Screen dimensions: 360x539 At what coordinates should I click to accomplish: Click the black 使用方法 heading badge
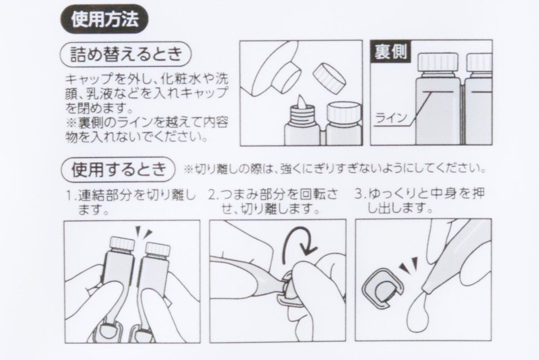click(x=104, y=20)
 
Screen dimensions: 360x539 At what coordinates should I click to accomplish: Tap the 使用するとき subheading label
click(x=118, y=169)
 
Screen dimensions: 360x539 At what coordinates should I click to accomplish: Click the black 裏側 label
click(x=389, y=52)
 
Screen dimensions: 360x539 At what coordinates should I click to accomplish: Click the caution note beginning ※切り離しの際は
click(x=335, y=170)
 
